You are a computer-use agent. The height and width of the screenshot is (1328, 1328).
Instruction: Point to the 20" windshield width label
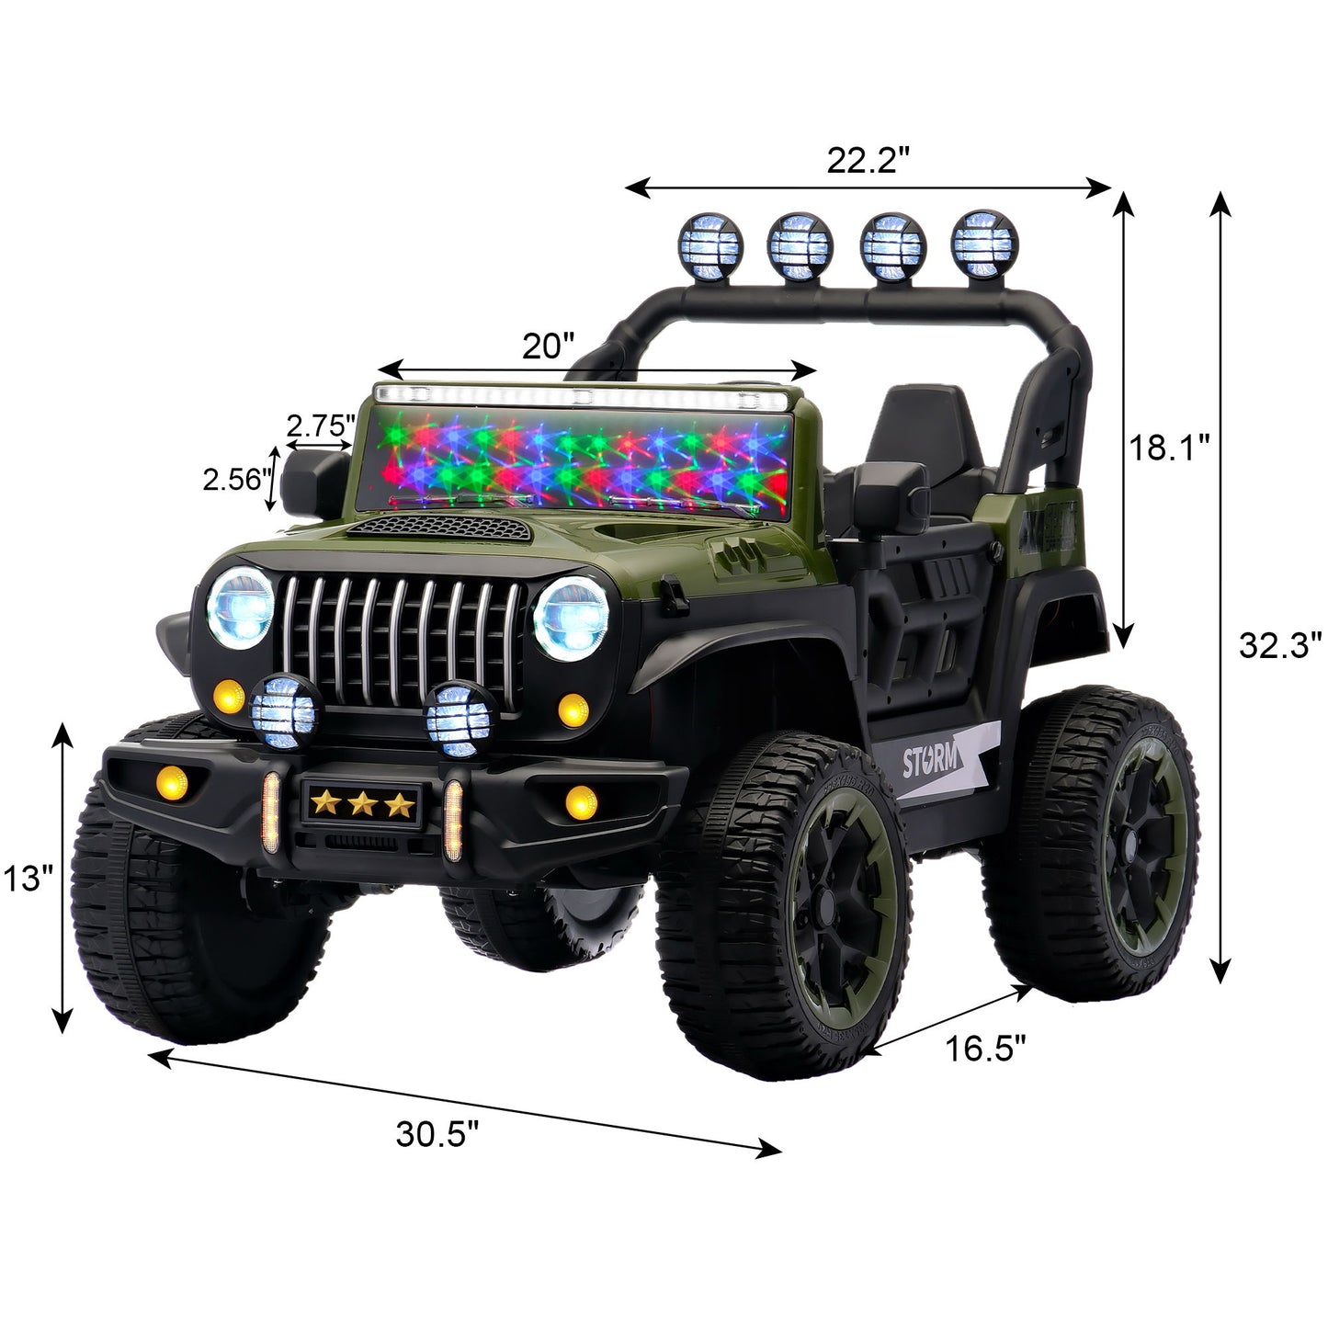click(x=548, y=346)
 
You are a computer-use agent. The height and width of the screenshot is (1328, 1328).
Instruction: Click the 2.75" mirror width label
click(x=321, y=426)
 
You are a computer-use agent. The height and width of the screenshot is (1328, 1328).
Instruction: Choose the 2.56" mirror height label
click(x=236, y=479)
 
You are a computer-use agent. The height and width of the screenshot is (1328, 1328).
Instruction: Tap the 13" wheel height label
click(x=24, y=879)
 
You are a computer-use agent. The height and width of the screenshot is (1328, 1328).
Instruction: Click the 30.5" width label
click(x=437, y=1134)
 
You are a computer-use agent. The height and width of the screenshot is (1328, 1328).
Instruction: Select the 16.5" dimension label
click(x=986, y=1049)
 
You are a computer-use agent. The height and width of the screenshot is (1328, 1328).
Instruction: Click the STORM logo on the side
click(x=930, y=762)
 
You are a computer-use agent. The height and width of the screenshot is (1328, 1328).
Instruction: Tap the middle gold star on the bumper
click(x=361, y=805)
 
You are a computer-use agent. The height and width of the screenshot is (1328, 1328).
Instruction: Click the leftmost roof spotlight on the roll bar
click(x=709, y=246)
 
